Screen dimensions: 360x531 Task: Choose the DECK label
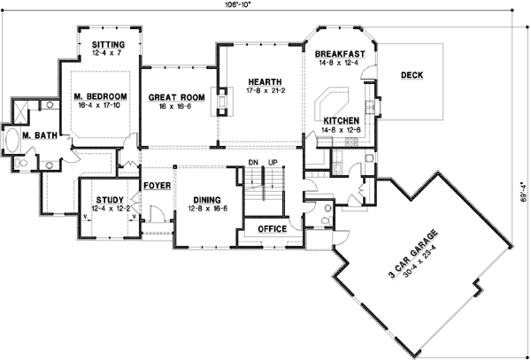(x=412, y=75)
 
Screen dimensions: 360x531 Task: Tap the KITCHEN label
(x=341, y=119)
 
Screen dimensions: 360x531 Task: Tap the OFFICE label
(x=269, y=228)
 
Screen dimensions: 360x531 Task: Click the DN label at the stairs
(x=252, y=163)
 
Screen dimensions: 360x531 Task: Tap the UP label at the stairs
(x=273, y=163)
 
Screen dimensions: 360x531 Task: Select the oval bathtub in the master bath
(x=15, y=140)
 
